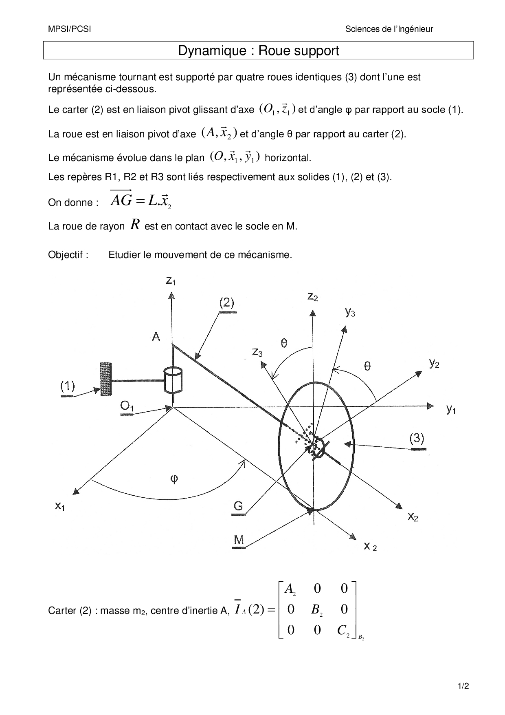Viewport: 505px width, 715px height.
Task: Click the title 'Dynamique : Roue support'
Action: [258, 51]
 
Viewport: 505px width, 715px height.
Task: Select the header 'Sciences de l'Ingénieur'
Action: [389, 29]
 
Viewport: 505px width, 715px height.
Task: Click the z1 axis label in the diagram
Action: [171, 281]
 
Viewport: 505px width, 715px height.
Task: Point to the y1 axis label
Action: [451, 410]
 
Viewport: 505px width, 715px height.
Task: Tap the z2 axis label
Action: [312, 297]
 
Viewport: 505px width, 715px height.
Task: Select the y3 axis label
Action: [350, 313]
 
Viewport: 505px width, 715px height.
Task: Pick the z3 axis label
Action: [257, 352]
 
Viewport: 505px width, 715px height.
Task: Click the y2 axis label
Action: [434, 364]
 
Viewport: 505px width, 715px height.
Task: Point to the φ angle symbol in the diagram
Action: [174, 479]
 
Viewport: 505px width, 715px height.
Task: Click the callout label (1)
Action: [68, 386]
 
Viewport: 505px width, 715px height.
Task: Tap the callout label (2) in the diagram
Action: [227, 303]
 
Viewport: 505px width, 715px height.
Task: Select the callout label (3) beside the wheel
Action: [417, 439]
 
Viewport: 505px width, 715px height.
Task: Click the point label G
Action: [238, 506]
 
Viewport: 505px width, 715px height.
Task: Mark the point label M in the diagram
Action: [239, 540]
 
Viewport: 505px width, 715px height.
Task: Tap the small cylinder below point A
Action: [173, 380]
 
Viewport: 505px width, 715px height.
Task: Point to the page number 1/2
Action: [463, 686]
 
